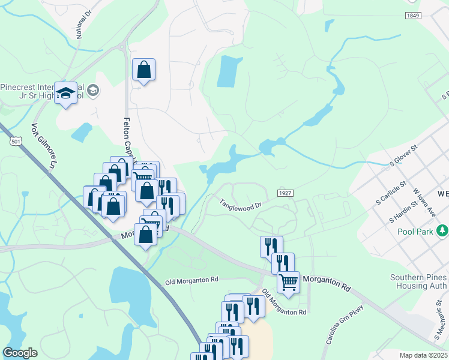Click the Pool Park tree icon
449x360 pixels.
tap(442, 230)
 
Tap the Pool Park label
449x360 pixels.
tap(414, 231)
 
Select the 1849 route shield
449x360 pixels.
tap(412, 16)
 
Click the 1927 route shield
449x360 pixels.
tap(285, 192)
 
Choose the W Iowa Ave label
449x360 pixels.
tap(424, 203)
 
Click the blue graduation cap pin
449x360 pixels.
tap(66, 93)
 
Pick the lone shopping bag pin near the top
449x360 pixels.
tap(144, 70)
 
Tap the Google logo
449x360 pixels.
tap(20, 353)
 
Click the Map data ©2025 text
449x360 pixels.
tap(423, 355)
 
